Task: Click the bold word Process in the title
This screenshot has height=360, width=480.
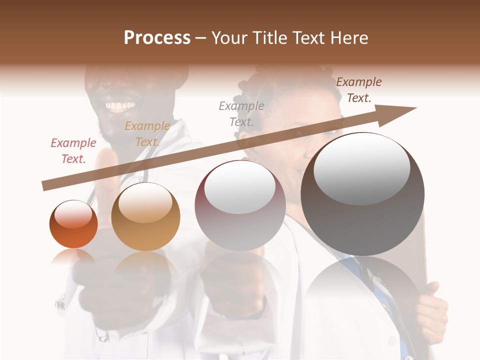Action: click(x=157, y=38)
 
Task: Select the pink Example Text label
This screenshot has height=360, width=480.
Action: click(x=73, y=151)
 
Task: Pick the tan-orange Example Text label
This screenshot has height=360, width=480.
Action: click(x=147, y=134)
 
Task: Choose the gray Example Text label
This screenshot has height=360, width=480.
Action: click(x=241, y=114)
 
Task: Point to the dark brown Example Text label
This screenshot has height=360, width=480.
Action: click(x=358, y=90)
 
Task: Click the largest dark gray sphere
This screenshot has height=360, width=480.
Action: click(x=362, y=200)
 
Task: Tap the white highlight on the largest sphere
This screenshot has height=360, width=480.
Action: click(x=361, y=167)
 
